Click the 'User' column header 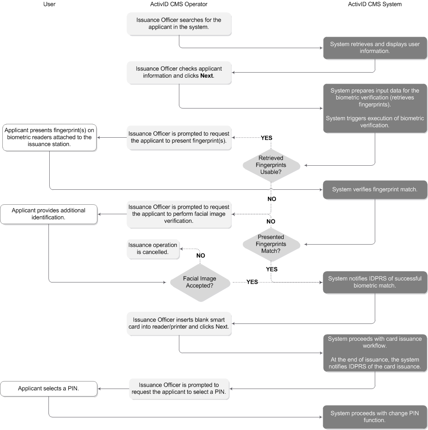[49, 4]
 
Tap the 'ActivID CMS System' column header [375, 4]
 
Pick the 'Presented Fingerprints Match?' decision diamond [271, 244]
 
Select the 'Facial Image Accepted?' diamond [200, 282]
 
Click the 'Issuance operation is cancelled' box [153, 249]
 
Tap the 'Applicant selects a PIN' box [49, 389]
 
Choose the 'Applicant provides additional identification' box [49, 214]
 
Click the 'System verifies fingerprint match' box [375, 190]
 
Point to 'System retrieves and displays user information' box [375, 48]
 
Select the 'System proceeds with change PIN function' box [375, 417]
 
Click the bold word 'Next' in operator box [207, 76]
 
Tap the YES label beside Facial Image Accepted [252, 282]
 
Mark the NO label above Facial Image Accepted [201, 256]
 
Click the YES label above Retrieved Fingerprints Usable [266, 138]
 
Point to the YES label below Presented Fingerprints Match [272, 269]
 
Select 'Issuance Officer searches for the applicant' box [179, 23]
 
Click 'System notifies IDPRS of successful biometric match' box [375, 282]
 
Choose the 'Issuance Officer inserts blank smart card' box [179, 323]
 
